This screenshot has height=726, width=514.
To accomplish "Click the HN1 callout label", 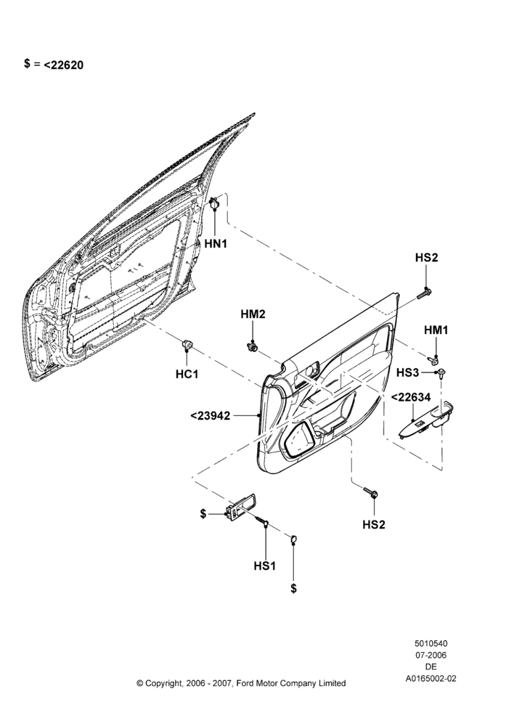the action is pos(216,243).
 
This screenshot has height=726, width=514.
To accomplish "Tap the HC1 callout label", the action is pos(187,374).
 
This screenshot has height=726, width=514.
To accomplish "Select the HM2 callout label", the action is pos(253,314).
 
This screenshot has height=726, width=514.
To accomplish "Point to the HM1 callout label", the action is pos(436,330).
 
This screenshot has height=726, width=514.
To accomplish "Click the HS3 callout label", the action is pos(408,372).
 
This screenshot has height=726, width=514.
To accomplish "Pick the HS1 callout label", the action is pos(265,566).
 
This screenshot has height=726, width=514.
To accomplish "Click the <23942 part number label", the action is pos(211,416).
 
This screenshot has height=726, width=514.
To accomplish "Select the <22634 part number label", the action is pos(411,397).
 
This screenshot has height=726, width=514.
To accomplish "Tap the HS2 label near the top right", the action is pos(426,258).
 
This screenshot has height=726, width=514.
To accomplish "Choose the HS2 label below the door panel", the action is pos(374,525).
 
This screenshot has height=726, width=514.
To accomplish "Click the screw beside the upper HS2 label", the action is pos(424,293).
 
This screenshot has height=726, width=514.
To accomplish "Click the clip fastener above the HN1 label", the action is pos(214,203).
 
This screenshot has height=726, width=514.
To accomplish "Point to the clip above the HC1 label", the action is pos(187,344).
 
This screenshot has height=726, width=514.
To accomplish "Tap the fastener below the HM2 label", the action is pos(253,346).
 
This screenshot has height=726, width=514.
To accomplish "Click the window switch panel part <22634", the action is pos(427,420).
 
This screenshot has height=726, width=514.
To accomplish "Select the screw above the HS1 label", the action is pos(263,521).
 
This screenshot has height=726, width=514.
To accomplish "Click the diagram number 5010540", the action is pos(431,643).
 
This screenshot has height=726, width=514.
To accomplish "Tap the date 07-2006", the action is pos(431,655).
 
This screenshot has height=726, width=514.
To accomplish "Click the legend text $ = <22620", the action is pos(54,65).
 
